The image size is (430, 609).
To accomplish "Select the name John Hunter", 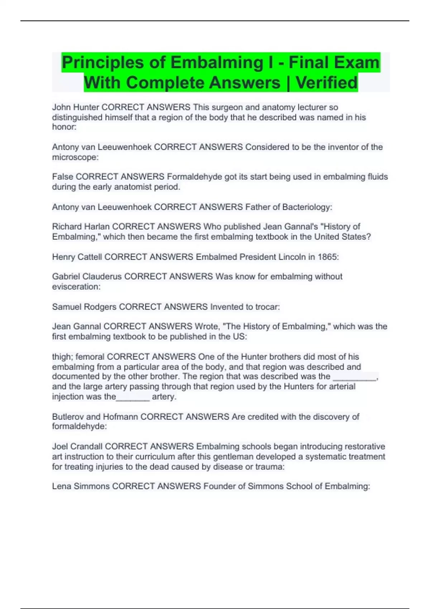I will coord(75,107).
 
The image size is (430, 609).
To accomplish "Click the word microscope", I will coord(74,157).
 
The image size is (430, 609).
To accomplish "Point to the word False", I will coord(62,177).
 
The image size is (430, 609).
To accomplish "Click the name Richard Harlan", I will coord(81,227).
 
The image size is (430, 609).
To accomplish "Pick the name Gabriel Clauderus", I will coord(87,277).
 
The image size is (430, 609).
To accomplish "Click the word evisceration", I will coord(75,287).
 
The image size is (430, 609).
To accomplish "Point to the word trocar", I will coord(266,307).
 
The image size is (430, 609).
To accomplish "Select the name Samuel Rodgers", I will coord(84,307).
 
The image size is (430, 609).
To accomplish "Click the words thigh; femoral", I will coord(78,357).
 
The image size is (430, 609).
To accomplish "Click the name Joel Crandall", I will coord(77,447).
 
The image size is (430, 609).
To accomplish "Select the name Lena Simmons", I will coord(81,486).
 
